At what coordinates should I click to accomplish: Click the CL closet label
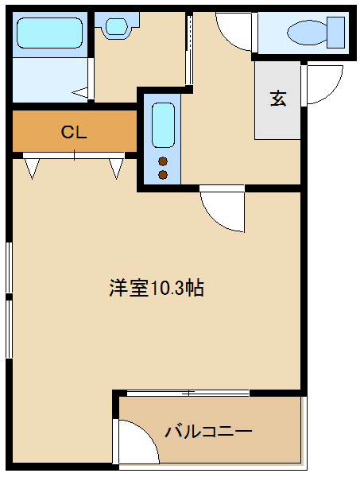coord(74,132)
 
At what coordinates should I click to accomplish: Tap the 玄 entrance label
coord(278,99)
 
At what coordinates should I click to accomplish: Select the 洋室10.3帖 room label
coord(157,288)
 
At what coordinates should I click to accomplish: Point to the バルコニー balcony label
coord(208,432)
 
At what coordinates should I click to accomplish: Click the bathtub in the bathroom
coord(49,33)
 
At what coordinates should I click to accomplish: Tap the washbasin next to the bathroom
coord(117,26)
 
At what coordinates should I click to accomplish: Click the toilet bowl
coord(307,33)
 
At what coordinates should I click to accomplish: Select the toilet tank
coord(335,33)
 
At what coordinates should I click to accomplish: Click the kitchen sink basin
coord(163,125)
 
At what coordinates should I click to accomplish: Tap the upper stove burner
coord(163,161)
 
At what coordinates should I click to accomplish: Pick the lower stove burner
coord(163,175)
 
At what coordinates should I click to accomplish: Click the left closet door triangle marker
coord(32,169)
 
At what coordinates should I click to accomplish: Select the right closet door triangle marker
coord(116,169)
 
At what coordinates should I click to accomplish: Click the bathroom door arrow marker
coord(79,92)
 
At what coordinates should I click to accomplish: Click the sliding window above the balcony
coord(188,393)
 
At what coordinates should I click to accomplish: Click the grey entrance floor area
coord(277,100)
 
